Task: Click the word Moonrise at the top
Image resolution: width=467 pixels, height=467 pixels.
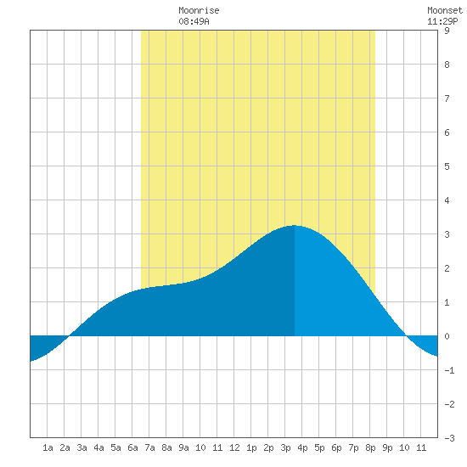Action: coord(199,10)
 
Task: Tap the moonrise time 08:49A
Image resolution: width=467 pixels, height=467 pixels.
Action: coord(194,21)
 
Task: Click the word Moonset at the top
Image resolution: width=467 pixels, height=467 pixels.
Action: coord(445,10)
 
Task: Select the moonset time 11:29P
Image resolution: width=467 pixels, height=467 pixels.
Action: coord(442,21)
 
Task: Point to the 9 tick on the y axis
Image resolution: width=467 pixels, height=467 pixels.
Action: coord(447,31)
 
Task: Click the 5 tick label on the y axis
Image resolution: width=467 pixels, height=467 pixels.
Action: coord(447,166)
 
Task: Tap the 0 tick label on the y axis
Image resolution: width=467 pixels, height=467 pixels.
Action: coord(447,336)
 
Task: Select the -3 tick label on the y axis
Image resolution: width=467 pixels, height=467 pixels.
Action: coord(449,438)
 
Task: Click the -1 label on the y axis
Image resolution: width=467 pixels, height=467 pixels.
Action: coord(449,370)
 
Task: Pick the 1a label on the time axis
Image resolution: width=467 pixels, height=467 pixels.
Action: coord(48,447)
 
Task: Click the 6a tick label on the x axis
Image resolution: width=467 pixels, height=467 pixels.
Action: coord(132,447)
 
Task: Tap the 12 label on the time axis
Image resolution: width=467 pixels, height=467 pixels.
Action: coord(234,447)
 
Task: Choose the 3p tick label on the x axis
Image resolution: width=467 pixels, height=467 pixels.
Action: coord(285,447)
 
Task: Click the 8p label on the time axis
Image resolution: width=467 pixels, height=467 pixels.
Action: coord(370,447)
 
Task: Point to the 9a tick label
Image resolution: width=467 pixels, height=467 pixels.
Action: coord(183,447)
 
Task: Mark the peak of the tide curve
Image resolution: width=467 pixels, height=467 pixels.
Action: coord(294,226)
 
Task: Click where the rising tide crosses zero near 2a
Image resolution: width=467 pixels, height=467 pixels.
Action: coord(70,335)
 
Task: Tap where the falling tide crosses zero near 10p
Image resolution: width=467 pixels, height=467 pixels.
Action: coord(406,335)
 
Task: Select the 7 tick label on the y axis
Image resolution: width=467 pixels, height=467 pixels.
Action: coord(447,98)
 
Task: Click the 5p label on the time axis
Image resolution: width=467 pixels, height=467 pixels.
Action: coord(319,447)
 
